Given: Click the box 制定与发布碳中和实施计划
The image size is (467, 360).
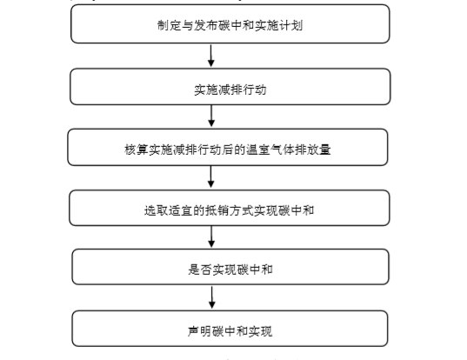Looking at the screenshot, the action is pos(230,23).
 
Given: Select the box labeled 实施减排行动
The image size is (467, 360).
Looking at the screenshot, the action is pos(230,87).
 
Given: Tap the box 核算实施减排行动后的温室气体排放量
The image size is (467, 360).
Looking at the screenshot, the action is pos(228,147).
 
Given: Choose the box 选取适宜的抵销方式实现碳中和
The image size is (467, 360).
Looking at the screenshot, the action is pos(230,208).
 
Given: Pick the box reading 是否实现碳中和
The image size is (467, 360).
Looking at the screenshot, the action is pos(230,267).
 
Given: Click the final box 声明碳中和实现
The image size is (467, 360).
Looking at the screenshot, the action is pos(230,329).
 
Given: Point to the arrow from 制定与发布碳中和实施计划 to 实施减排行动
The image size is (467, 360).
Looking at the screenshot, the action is pos(211,56).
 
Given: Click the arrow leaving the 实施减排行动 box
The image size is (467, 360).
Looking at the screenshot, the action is pos(211,116).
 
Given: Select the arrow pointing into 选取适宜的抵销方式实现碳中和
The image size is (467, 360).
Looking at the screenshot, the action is pos(211,177).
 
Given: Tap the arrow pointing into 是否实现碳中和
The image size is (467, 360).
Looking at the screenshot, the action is pos(211,237).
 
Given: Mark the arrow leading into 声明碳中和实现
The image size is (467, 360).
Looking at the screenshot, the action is pos(211,297).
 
